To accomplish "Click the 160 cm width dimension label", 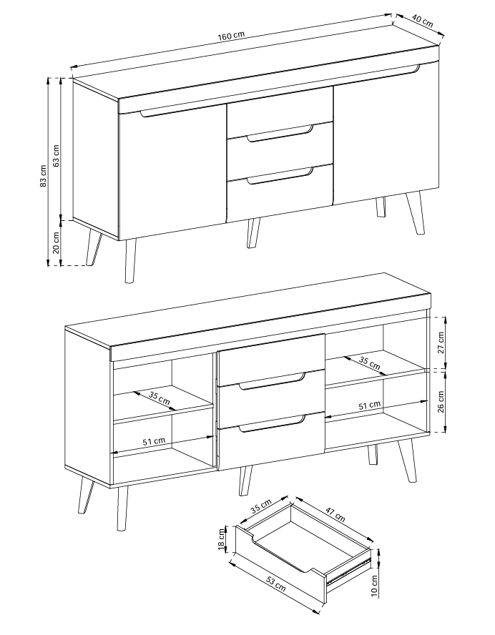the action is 231,36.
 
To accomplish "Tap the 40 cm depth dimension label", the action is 422,21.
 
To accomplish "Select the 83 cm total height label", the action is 44,176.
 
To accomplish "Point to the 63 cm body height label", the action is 57,155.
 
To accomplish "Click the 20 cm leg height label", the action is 57,242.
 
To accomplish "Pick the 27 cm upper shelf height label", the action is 441,343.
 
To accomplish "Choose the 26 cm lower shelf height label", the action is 441,401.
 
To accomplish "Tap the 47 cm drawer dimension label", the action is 335,514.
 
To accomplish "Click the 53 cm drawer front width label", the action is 276,584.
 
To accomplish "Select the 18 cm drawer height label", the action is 222,539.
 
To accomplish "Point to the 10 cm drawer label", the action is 374,586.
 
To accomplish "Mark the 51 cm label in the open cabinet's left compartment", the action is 154,441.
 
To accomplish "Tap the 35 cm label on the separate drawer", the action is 260,506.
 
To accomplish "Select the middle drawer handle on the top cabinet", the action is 280,134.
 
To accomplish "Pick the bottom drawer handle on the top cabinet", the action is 280,176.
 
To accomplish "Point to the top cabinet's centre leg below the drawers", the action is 253,233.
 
